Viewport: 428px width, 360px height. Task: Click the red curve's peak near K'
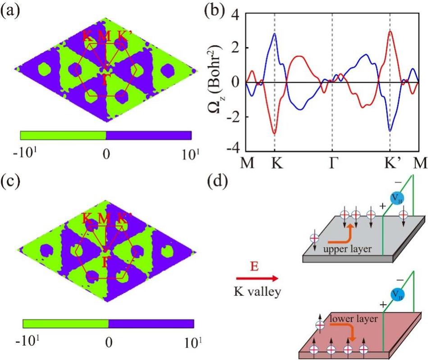[391, 31]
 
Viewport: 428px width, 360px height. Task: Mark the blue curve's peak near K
[274, 34]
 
